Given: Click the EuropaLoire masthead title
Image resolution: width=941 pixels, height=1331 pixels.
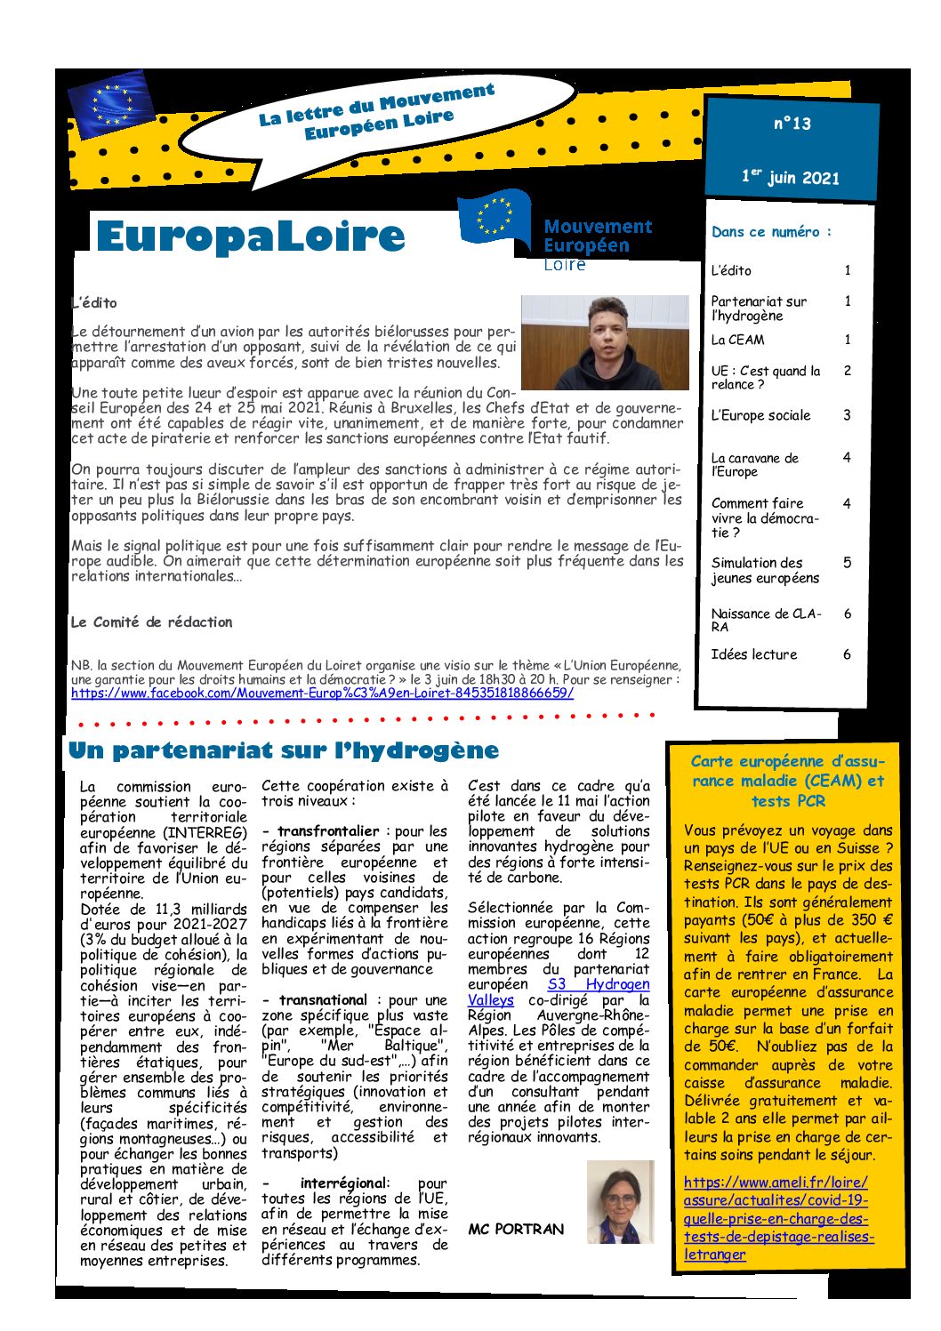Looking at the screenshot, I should [250, 237].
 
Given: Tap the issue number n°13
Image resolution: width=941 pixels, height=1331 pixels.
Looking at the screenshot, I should [792, 124].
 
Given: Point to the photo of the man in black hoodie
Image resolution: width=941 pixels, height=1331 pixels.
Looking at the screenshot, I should [605, 342].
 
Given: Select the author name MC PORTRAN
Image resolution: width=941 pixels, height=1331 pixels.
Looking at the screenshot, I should [516, 1229].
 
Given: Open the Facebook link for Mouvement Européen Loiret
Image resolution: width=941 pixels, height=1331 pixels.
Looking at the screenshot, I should [322, 693].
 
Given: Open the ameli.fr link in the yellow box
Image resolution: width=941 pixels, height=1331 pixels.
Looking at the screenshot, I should [776, 1218].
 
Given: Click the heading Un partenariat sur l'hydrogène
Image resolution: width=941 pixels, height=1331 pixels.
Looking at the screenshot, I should [283, 750].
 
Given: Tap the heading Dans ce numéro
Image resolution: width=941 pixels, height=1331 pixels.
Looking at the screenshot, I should [771, 232].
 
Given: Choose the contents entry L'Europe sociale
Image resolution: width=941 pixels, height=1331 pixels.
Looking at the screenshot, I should [760, 415].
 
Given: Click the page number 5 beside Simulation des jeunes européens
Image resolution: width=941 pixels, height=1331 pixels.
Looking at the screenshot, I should [847, 562].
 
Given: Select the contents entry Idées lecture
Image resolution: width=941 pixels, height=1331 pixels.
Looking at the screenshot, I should [753, 654].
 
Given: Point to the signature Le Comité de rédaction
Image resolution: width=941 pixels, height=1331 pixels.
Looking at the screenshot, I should [151, 622].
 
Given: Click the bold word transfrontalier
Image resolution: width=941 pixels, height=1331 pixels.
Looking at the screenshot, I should [327, 831].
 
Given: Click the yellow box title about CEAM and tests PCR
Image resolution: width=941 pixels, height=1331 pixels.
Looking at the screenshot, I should [787, 781].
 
